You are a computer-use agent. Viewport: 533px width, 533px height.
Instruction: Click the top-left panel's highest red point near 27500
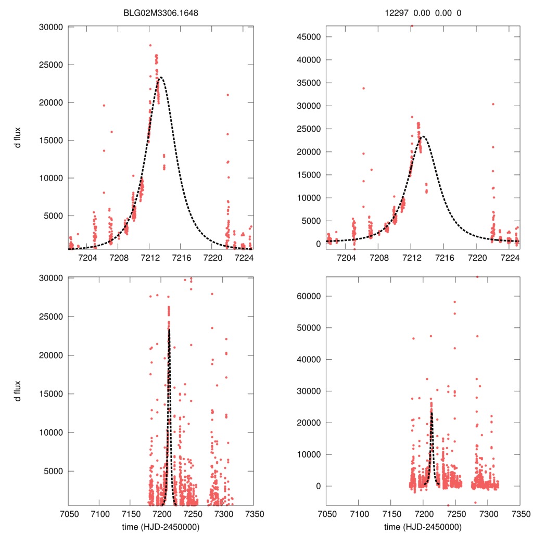tap(150, 45)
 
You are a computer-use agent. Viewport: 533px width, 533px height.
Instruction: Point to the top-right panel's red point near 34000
tap(363, 88)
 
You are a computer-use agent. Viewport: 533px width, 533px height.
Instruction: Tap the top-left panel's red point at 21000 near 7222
tap(228, 95)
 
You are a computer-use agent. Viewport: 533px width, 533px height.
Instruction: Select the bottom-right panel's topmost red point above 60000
tap(477, 277)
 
